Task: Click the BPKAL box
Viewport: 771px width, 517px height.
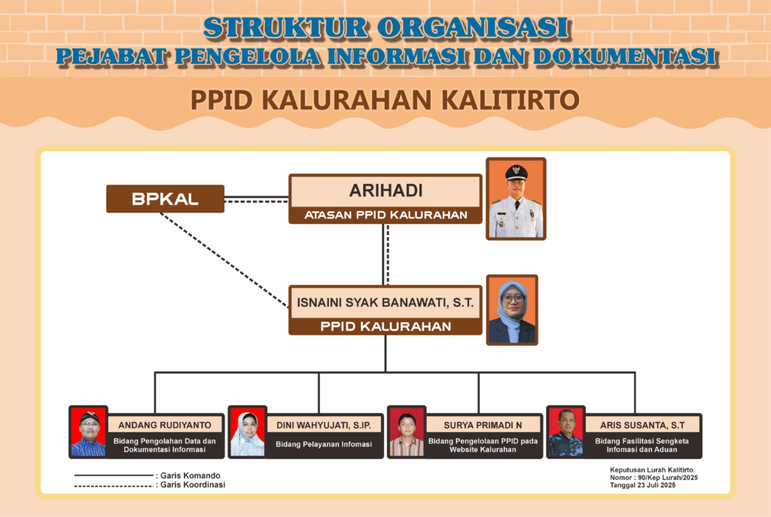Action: click(165, 199)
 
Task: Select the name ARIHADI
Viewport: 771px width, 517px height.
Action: click(386, 191)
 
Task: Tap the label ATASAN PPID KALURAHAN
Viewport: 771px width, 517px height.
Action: click(386, 216)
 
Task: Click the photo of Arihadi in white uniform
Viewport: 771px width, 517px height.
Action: click(516, 199)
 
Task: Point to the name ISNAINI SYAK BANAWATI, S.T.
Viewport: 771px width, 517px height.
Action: click(385, 302)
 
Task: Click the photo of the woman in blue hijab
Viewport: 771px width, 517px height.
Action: click(512, 311)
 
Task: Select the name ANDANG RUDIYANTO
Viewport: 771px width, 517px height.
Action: click(165, 425)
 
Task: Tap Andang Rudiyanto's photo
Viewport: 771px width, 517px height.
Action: click(89, 433)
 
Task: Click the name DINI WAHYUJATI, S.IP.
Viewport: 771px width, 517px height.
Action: click(324, 425)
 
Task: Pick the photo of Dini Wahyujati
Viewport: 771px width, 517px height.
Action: click(247, 433)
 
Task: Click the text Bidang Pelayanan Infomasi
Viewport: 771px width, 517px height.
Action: click(324, 444)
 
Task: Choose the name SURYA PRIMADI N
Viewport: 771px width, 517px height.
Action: click(483, 425)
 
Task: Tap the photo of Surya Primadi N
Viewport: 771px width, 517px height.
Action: click(407, 433)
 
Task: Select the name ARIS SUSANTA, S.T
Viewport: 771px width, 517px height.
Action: click(642, 425)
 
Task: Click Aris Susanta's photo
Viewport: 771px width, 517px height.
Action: click(566, 433)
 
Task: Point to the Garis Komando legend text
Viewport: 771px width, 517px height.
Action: click(190, 476)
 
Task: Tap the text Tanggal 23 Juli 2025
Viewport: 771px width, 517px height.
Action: click(643, 485)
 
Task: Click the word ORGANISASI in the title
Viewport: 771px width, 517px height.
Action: click(474, 28)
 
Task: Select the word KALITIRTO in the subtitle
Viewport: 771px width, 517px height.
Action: click(510, 100)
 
